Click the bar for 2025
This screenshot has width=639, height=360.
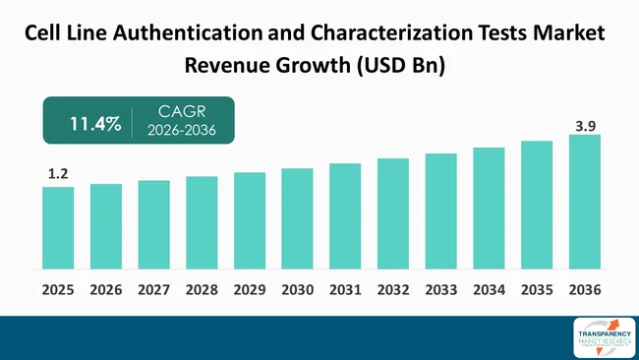[x=58, y=227]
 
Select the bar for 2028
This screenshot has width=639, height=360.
[x=202, y=222]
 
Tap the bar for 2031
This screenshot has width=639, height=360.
[x=345, y=215]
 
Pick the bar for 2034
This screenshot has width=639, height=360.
[x=489, y=208]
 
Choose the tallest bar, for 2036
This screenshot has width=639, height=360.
[x=584, y=202]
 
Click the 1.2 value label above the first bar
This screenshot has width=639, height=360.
[x=58, y=174]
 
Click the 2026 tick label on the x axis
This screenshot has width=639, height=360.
[x=106, y=290]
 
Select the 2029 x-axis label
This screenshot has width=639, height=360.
[x=250, y=290]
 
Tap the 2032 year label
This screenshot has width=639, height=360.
[x=393, y=290]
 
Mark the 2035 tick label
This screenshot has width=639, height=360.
[x=537, y=290]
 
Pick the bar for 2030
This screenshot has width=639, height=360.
[x=297, y=218]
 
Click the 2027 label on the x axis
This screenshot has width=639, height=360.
[x=154, y=290]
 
